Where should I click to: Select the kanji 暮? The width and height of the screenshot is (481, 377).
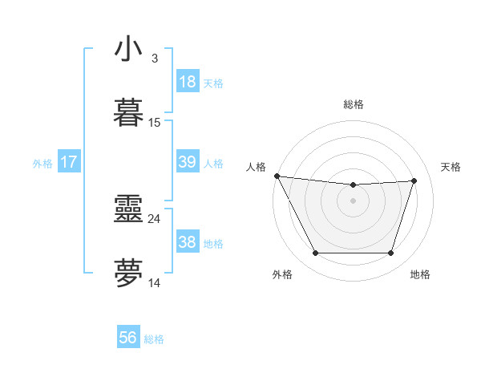(128, 113)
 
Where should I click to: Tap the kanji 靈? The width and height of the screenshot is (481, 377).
(128, 209)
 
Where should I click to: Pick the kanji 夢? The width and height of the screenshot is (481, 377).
(128, 274)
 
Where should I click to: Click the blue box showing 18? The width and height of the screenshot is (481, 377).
(187, 82)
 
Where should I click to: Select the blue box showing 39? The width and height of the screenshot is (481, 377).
(187, 162)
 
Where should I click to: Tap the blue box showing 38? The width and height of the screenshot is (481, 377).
(187, 242)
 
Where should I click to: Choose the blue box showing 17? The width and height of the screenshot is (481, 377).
(69, 162)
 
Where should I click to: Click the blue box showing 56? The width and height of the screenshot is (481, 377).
(128, 338)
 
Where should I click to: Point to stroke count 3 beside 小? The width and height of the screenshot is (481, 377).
(154, 59)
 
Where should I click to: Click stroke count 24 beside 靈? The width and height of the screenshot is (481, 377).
(155, 218)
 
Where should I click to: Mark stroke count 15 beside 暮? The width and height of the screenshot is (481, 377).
(155, 123)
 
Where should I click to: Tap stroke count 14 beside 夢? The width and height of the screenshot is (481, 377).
(155, 282)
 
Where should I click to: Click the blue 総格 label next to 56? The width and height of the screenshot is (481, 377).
(154, 339)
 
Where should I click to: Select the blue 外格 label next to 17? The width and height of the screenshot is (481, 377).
(42, 164)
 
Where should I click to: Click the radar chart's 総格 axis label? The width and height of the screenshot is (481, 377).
(353, 104)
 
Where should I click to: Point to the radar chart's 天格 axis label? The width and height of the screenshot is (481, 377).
(451, 167)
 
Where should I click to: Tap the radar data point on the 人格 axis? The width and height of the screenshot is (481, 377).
(277, 176)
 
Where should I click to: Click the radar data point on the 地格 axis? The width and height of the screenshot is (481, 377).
(390, 253)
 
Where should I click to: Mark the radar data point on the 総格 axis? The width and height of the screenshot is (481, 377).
(353, 185)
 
